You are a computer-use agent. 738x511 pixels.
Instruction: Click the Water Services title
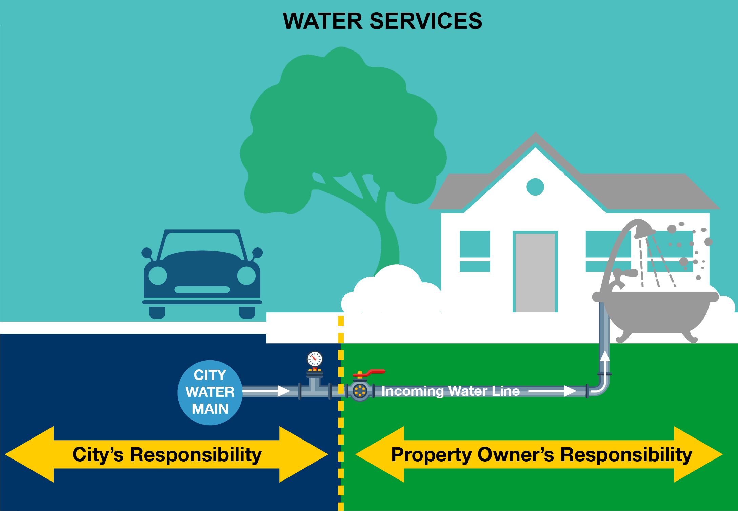point(382,21)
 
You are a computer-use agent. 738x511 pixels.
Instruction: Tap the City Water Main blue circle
point(210,392)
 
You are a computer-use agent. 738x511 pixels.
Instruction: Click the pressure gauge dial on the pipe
point(315,359)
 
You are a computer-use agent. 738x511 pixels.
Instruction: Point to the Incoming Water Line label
point(451,391)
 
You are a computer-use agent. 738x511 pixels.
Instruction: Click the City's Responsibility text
point(167,454)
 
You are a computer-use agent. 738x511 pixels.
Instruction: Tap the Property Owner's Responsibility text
point(541,454)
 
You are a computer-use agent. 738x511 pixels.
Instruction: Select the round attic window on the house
point(535,187)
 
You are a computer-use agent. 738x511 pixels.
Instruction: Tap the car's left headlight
point(158,275)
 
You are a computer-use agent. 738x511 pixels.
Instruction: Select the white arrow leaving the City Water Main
point(266,391)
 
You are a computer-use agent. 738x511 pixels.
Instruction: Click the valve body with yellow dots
point(359,391)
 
